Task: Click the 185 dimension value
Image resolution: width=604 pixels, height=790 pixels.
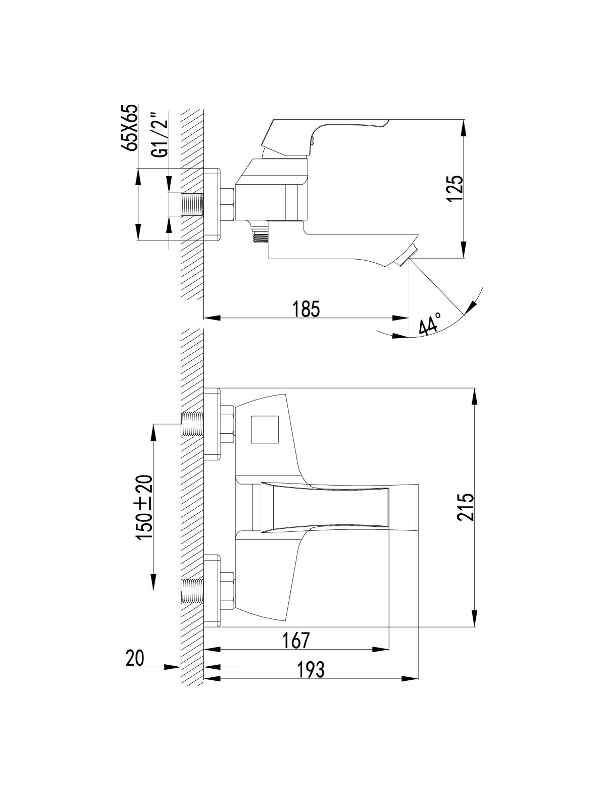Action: coord(306,309)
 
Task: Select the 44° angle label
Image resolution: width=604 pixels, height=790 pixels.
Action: coord(430,324)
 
